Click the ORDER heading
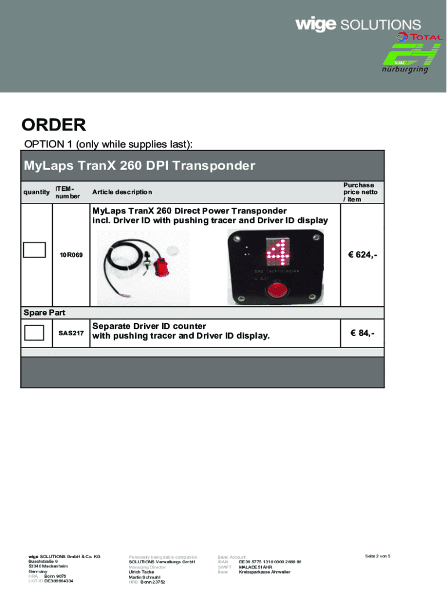click(x=54, y=125)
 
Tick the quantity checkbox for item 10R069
click(x=34, y=249)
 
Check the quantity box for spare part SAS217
click(x=34, y=333)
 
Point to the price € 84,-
click(x=362, y=333)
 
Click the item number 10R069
click(x=71, y=255)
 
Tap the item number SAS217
click(x=71, y=333)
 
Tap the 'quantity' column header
click(x=36, y=192)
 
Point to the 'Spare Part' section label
click(x=44, y=313)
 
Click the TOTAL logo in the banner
click(x=419, y=37)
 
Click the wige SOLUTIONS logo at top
click(x=358, y=24)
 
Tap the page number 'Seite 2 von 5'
click(x=377, y=556)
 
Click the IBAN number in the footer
click(x=270, y=562)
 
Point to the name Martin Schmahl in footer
click(x=144, y=577)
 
